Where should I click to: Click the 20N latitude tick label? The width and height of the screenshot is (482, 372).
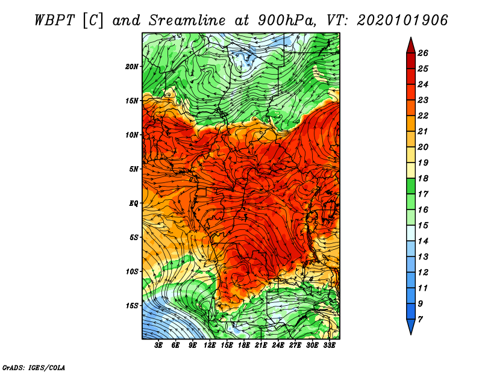[x=132, y=67]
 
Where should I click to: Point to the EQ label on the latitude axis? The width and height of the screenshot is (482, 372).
[x=133, y=203]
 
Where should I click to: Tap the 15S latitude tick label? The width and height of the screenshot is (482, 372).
[x=132, y=306]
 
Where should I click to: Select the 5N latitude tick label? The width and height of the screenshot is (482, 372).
[x=134, y=169]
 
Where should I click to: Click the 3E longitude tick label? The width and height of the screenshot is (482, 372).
[x=158, y=346]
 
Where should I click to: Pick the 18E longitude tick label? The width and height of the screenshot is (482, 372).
[x=243, y=346]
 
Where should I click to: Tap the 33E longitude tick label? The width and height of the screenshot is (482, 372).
[x=329, y=346]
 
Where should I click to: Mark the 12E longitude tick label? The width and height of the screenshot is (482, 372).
[x=209, y=346]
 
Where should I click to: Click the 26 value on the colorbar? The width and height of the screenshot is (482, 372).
[x=423, y=53]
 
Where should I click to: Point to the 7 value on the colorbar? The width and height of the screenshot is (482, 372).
[x=420, y=320]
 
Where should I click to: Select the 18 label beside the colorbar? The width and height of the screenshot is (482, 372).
[x=423, y=178]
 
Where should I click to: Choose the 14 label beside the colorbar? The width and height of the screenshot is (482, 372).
[x=423, y=241]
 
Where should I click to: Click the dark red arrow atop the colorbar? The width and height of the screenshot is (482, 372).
[x=411, y=46]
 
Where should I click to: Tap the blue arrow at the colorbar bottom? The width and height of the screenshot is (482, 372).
[x=411, y=326]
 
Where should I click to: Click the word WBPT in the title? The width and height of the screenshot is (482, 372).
[x=54, y=20]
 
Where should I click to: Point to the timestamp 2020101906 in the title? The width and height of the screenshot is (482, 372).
[x=402, y=20]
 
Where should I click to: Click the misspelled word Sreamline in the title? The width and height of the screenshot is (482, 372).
[x=187, y=20]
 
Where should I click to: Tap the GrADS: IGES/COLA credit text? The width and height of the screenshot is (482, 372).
[x=34, y=367]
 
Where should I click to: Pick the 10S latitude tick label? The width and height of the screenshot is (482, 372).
[x=132, y=272]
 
